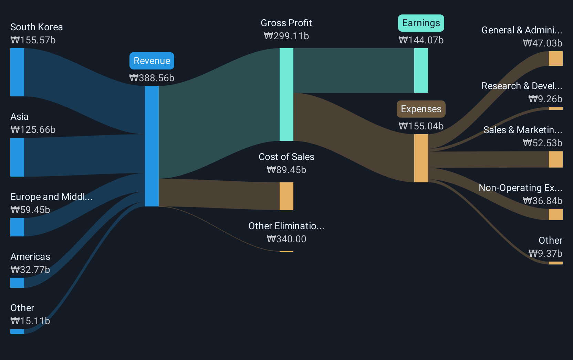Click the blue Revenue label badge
pyautogui.click(x=152, y=61)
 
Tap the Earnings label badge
pyautogui.click(x=421, y=23)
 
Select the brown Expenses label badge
pyautogui.click(x=421, y=109)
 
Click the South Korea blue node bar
pyautogui.click(x=17, y=72)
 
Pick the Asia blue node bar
pyautogui.click(x=17, y=157)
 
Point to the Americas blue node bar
pyautogui.click(x=17, y=283)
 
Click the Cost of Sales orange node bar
pyautogui.click(x=286, y=196)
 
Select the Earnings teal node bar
pyautogui.click(x=421, y=71)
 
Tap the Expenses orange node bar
pyautogui.click(x=421, y=158)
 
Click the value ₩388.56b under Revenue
pyautogui.click(x=152, y=78)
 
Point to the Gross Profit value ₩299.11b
pyautogui.click(x=286, y=36)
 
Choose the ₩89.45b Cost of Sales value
pyautogui.click(x=286, y=170)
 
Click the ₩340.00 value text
pyautogui.click(x=286, y=239)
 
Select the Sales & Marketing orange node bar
pyautogui.click(x=555, y=159)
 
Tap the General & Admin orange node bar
pyautogui.click(x=555, y=59)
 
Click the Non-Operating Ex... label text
pyautogui.click(x=520, y=188)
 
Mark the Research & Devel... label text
pyautogui.click(x=522, y=86)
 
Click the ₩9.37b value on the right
pyautogui.click(x=545, y=254)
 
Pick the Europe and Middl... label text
pyautogui.click(x=51, y=197)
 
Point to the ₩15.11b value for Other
pyautogui.click(x=30, y=321)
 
